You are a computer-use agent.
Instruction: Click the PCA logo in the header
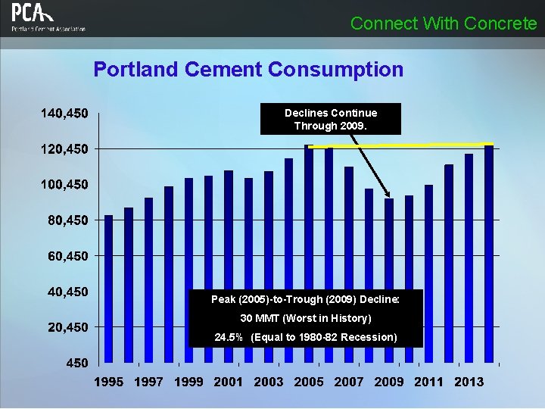point(48,18)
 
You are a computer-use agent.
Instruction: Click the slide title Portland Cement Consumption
point(248,70)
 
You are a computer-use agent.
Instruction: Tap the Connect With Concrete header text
point(444,23)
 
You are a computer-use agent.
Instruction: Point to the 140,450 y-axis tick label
point(64,114)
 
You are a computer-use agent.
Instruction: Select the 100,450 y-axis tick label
point(64,185)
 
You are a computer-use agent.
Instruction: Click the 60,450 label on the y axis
point(67,256)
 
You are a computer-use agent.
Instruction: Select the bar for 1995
point(108,288)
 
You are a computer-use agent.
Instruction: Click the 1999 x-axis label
point(188,382)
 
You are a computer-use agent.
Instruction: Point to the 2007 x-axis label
point(349,382)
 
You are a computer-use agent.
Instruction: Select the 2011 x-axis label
point(429,382)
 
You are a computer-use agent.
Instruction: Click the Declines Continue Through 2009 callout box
point(330,119)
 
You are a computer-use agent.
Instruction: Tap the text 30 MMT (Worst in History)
point(306,318)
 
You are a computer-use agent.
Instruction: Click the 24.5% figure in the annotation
point(229,337)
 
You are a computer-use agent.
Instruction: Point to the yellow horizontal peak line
point(401,145)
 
